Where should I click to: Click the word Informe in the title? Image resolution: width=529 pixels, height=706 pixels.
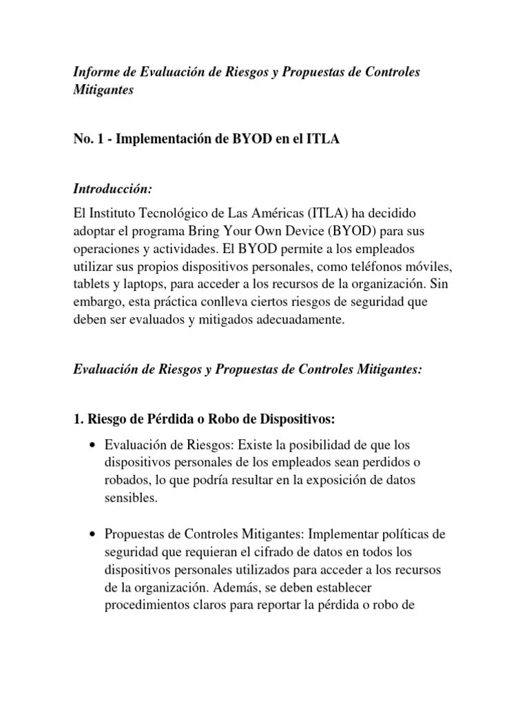pyautogui.click(x=96, y=72)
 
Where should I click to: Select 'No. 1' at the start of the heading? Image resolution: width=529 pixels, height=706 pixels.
pyautogui.click(x=88, y=140)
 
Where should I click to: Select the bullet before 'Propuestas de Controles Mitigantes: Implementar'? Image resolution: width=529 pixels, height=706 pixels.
pyautogui.click(x=92, y=535)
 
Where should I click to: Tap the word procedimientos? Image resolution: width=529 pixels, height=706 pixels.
pyautogui.click(x=147, y=606)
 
